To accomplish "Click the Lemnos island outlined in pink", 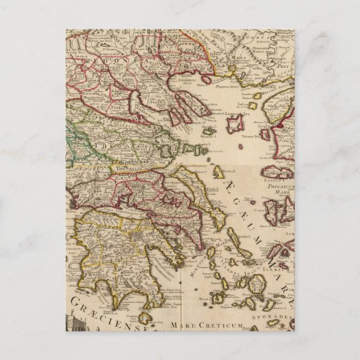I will pos(235,124).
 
